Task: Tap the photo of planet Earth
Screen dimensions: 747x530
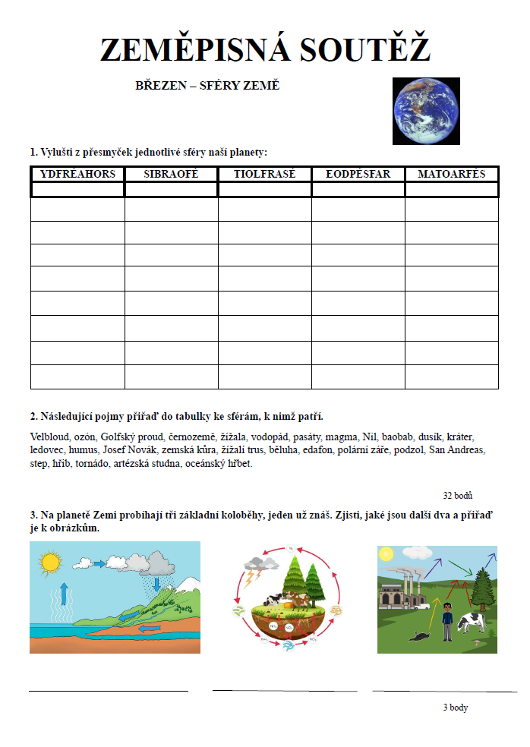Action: point(426,111)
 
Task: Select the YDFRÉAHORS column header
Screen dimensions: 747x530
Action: point(77,174)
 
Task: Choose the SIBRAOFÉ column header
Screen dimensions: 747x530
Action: point(171,174)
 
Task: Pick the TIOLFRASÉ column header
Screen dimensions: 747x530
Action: point(264,174)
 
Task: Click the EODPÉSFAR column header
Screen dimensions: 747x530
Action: point(358,174)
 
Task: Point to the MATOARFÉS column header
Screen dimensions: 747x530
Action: point(451,174)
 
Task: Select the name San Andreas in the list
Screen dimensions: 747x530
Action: point(456,450)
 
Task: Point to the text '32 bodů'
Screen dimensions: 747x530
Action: point(458,496)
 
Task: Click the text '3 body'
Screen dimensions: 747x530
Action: point(456,708)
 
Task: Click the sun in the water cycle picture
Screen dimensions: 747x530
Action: point(50,563)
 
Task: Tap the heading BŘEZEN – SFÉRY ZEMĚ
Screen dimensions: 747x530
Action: point(207,85)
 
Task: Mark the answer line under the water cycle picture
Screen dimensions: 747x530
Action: point(109,691)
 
